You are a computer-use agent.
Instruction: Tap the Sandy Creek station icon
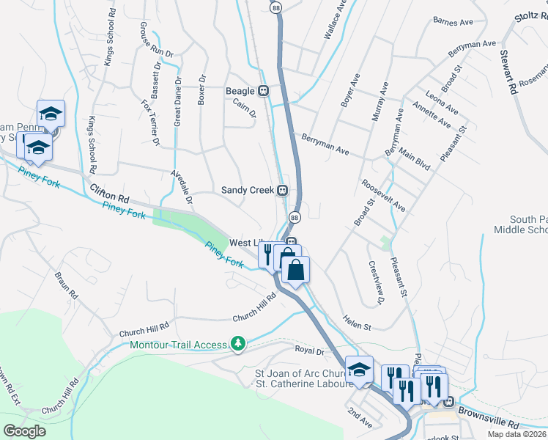tap(281, 191)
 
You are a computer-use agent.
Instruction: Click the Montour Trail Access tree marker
tap(237, 343)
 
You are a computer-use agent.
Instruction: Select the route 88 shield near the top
tap(275, 7)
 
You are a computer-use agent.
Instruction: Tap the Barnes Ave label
tap(453, 22)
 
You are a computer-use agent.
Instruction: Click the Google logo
tap(25, 431)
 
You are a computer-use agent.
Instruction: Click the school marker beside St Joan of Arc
tap(359, 369)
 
